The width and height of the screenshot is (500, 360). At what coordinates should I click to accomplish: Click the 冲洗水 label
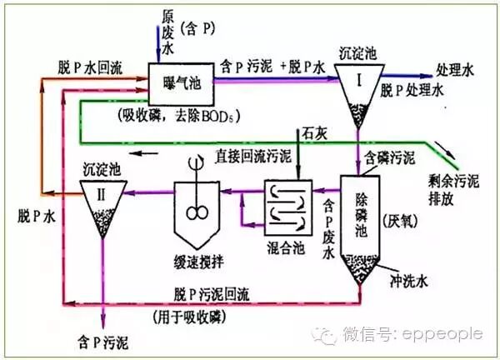[x=408, y=272]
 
